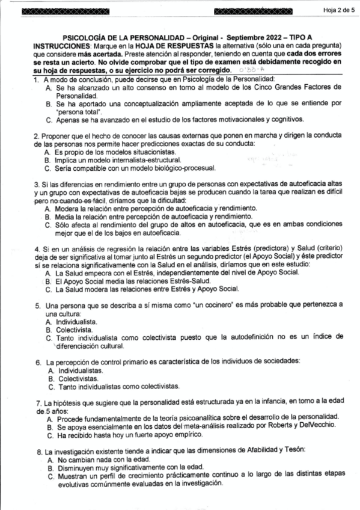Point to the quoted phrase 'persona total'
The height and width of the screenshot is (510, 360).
[x=77, y=111]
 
